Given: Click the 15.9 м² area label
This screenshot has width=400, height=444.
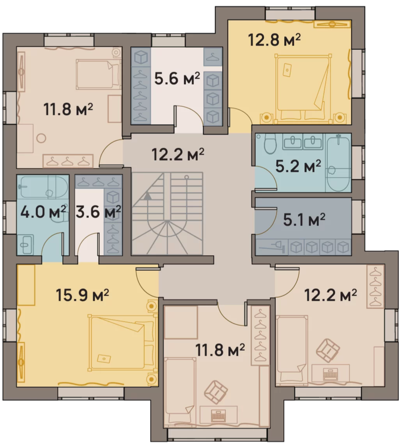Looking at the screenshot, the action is [x=83, y=295].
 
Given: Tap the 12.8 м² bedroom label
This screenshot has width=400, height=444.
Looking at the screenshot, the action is [x=274, y=40].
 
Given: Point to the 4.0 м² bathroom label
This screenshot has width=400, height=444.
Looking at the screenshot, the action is [x=43, y=212].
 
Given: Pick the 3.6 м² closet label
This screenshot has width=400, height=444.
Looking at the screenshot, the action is [x=98, y=212].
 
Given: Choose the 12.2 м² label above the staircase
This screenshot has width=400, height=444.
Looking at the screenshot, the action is [x=178, y=155].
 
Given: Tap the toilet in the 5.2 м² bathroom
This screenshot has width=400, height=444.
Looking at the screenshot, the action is [x=270, y=143].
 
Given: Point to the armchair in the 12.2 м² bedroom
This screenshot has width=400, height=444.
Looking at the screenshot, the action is [x=328, y=351].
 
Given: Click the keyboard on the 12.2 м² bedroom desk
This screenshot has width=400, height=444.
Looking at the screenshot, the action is [x=330, y=375].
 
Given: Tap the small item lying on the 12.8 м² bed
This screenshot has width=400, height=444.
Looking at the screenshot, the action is [x=287, y=69].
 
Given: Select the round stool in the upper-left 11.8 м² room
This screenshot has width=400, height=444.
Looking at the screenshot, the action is [x=41, y=138].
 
